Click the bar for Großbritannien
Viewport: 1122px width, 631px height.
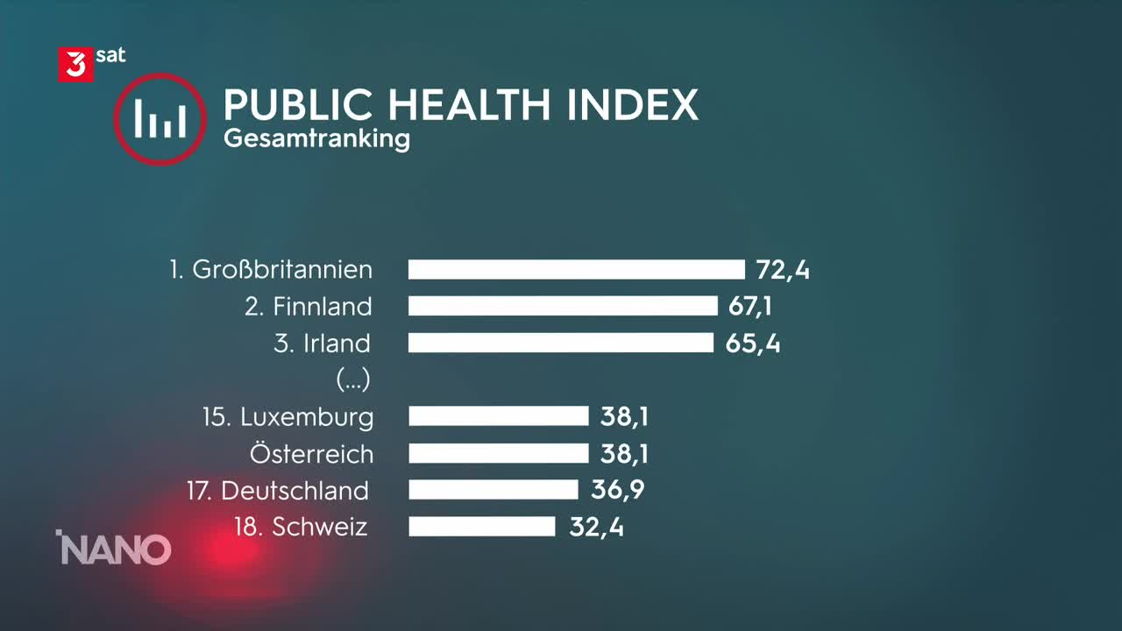pyautogui.click(x=576, y=269)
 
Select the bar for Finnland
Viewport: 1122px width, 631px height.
pyautogui.click(x=563, y=306)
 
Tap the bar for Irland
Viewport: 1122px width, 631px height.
pyautogui.click(x=561, y=343)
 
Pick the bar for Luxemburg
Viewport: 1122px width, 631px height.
pyautogui.click(x=498, y=416)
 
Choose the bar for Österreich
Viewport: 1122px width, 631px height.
pyautogui.click(x=498, y=453)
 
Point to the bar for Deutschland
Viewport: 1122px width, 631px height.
pyautogui.click(x=494, y=489)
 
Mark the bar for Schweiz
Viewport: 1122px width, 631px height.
pyautogui.click(x=482, y=526)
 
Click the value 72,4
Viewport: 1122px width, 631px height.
pyautogui.click(x=783, y=269)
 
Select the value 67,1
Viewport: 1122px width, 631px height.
pyautogui.click(x=749, y=306)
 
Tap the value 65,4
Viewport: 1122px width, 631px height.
pyautogui.click(x=753, y=343)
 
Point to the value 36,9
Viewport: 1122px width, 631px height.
pyautogui.click(x=617, y=489)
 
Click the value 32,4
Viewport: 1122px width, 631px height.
pyautogui.click(x=596, y=526)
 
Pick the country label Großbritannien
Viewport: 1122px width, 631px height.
pyautogui.click(x=282, y=269)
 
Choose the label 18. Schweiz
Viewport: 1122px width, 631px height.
pyautogui.click(x=301, y=527)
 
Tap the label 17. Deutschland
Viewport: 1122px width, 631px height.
pyautogui.click(x=277, y=490)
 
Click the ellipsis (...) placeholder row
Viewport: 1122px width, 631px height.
pyautogui.click(x=353, y=379)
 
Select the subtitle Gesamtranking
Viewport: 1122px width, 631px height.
pyautogui.click(x=316, y=139)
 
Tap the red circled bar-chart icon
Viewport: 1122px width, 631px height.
pyautogui.click(x=160, y=119)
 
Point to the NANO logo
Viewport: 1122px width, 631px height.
pyautogui.click(x=114, y=549)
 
